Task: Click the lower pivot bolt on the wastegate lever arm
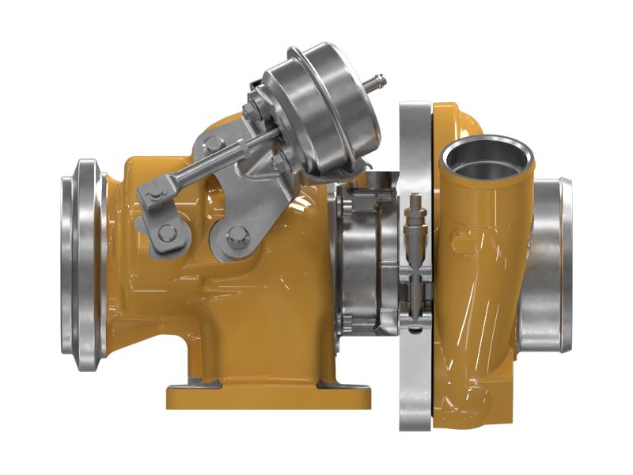(x=167, y=232)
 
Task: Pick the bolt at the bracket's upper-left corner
(x=212, y=143)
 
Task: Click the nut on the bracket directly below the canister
(x=279, y=162)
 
